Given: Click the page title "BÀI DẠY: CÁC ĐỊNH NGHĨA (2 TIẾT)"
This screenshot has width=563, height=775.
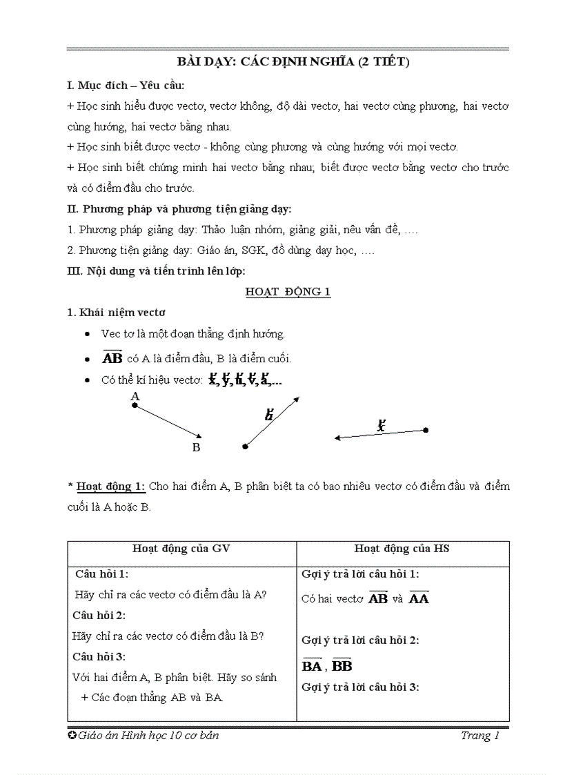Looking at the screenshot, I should [288, 62].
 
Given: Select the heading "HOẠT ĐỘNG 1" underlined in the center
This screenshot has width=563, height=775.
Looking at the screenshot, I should [288, 291].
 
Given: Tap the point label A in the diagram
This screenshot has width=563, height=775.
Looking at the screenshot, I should [135, 396].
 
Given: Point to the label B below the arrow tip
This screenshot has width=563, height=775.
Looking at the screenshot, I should [196, 447].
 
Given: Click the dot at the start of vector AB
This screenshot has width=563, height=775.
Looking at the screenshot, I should [135, 406].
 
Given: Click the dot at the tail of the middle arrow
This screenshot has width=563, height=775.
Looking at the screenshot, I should [245, 447].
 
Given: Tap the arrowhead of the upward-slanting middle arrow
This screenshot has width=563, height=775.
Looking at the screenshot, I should [296, 399].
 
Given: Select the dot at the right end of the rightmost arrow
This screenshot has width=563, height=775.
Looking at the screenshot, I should [426, 430].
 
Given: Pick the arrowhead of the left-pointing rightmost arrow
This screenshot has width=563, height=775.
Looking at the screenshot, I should [338, 438].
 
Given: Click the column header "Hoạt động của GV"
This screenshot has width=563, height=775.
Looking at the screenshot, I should [181, 549].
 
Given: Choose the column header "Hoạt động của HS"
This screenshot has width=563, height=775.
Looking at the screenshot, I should [402, 549].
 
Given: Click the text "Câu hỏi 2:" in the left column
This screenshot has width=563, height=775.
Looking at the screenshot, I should [100, 615].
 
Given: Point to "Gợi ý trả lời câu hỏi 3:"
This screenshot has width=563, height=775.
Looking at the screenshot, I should [360, 687].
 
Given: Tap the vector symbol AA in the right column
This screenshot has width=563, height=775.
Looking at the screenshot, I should [419, 598].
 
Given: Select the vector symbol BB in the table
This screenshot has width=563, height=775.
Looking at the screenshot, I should [342, 665].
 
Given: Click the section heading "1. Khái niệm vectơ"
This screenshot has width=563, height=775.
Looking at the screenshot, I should [116, 312].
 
